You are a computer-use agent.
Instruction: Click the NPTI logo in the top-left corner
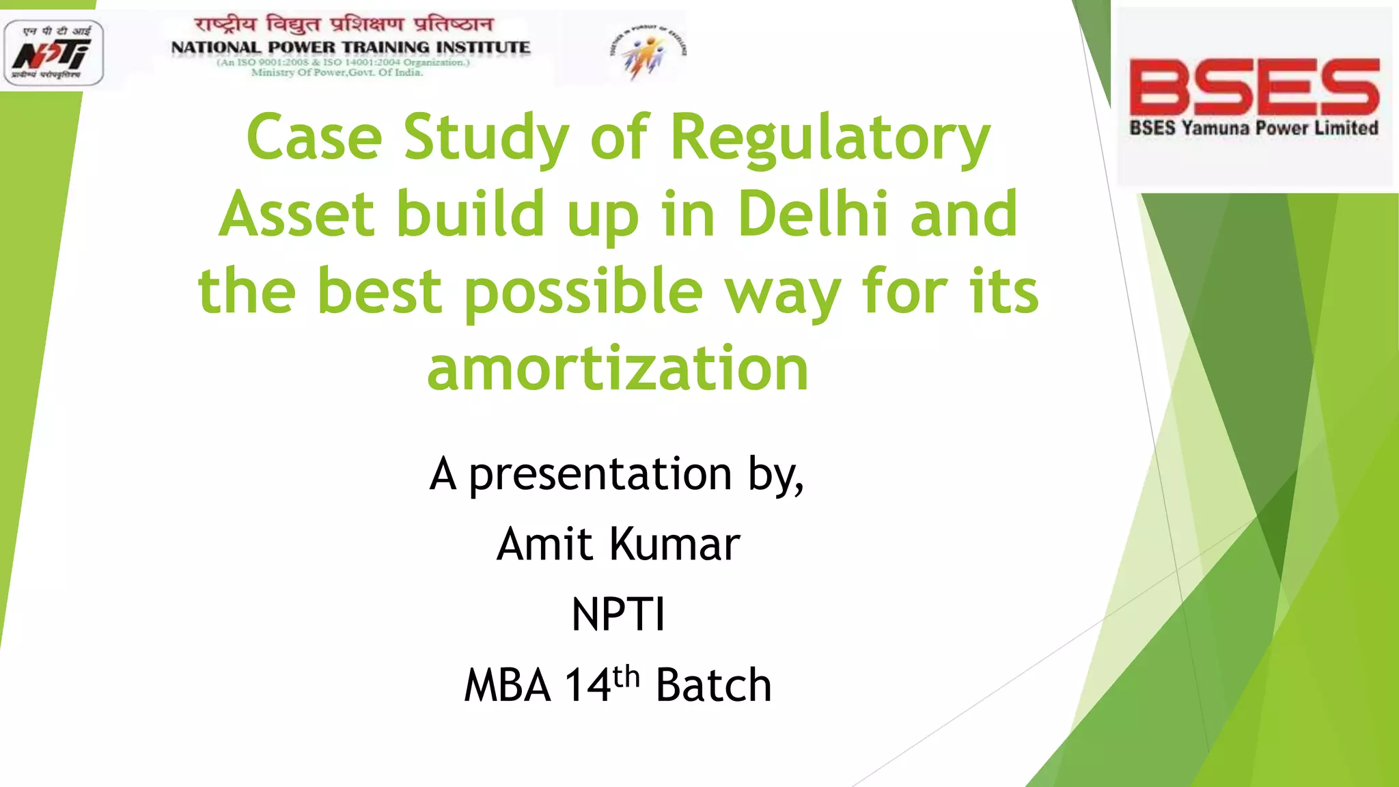(54, 53)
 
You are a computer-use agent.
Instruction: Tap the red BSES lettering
(1254, 87)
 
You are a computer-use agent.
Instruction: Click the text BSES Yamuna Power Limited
(1253, 128)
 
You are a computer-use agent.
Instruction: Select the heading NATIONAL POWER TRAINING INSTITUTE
(350, 47)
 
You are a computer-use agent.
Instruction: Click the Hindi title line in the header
(344, 25)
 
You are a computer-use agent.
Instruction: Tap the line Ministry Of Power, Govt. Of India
(337, 72)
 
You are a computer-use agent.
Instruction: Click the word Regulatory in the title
(830, 138)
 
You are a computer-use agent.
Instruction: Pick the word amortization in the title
(618, 368)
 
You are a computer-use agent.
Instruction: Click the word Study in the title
(486, 138)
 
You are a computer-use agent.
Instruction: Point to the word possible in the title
(583, 292)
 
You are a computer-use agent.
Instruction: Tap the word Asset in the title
(297, 214)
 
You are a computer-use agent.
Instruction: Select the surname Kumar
(675, 544)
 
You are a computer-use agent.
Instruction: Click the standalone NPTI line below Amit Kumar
(618, 614)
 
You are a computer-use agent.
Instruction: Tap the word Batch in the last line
(713, 685)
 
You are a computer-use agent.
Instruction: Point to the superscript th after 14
(626, 676)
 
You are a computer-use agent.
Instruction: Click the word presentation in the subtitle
(600, 474)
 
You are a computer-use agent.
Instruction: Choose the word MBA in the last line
(508, 685)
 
